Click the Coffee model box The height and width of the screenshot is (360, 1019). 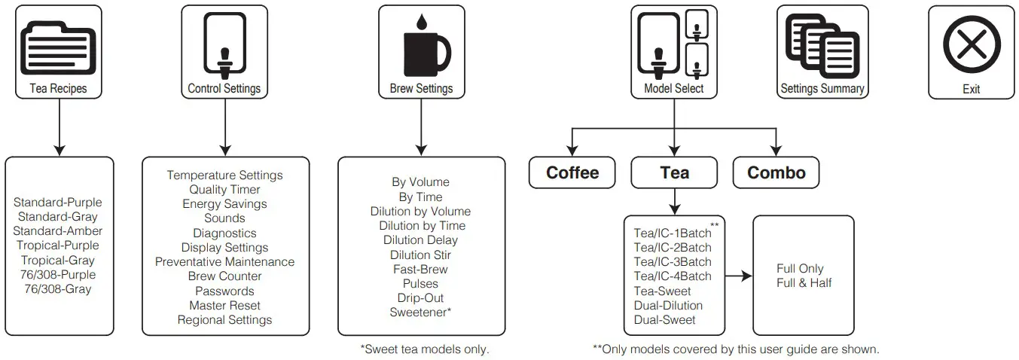(x=572, y=172)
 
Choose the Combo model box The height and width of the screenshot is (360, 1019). (x=776, y=172)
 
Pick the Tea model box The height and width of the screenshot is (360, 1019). (x=674, y=172)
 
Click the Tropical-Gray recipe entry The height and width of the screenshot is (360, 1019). (x=57, y=260)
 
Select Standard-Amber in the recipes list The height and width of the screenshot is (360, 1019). (x=57, y=231)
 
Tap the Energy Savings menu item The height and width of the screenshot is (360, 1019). (x=224, y=204)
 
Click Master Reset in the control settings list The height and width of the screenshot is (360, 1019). (x=224, y=305)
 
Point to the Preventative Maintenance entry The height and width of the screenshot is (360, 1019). (x=224, y=262)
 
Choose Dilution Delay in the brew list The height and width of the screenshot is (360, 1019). (x=420, y=240)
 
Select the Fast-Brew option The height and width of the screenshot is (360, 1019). (x=420, y=269)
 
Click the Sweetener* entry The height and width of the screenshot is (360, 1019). (x=420, y=312)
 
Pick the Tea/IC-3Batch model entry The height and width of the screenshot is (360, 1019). (x=672, y=262)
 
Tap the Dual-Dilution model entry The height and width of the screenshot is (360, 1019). (x=668, y=305)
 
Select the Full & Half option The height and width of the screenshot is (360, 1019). (x=804, y=283)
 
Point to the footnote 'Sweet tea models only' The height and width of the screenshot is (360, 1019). (x=425, y=349)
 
